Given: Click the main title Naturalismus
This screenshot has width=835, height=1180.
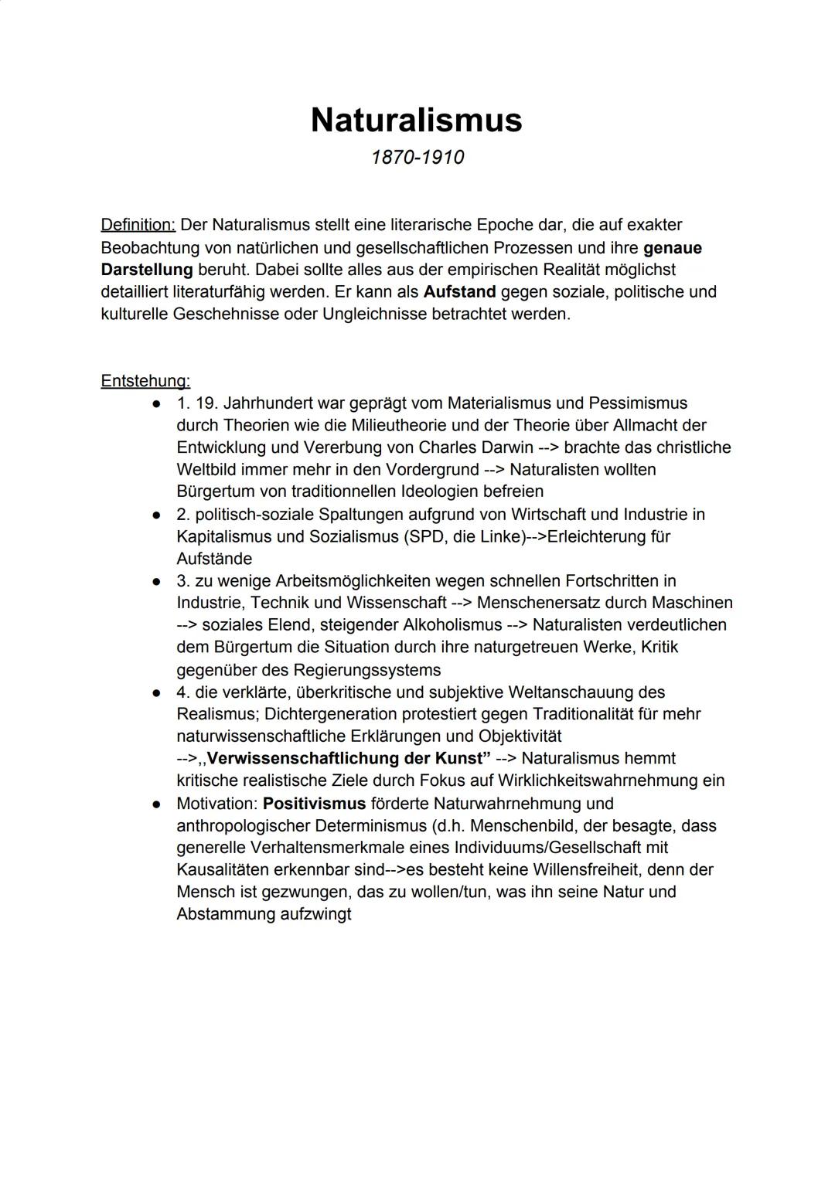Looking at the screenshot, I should click(417, 120).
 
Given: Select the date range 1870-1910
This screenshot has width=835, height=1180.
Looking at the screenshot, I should click(417, 157).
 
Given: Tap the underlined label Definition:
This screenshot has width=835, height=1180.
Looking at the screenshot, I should click(138, 225).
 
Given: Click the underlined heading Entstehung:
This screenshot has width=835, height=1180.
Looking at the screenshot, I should click(145, 380).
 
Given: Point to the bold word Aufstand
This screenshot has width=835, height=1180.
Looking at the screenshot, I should click(459, 292).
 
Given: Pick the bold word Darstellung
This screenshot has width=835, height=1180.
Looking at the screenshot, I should click(147, 270).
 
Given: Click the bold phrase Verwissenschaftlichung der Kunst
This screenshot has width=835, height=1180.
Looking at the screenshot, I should click(348, 758).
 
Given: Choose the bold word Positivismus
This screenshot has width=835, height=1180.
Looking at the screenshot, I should click(314, 804).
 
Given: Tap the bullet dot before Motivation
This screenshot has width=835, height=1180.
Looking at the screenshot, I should click(156, 804).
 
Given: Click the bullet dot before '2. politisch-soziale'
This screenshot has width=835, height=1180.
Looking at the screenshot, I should click(156, 514).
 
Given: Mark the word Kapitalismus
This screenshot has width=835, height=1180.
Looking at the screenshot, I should click(223, 536).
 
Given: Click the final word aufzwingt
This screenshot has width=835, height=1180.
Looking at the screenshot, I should click(313, 914).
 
